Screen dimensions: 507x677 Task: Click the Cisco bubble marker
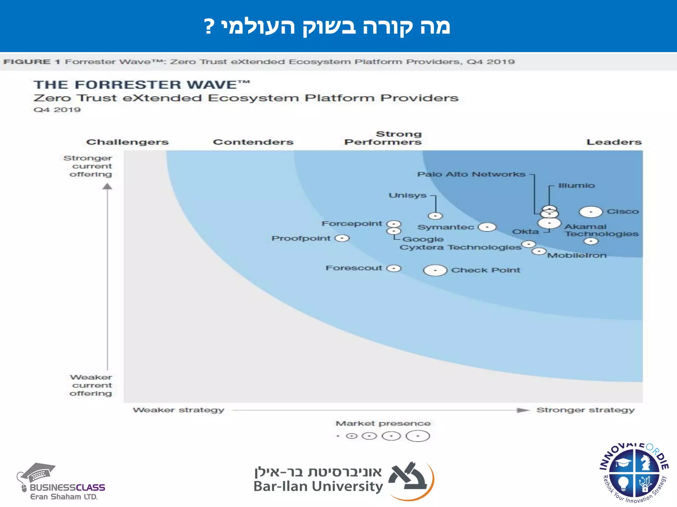(591, 212)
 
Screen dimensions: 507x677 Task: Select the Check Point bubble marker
(435, 270)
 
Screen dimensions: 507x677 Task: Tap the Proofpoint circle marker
(342, 238)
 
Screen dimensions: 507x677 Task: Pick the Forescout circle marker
(394, 268)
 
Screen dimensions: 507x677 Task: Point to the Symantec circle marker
(487, 227)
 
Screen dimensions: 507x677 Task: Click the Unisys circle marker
(435, 216)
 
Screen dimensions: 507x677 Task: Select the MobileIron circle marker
(539, 252)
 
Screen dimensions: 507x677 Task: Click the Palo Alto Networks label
(471, 174)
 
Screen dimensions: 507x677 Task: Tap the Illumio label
(576, 186)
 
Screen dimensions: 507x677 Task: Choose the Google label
(423, 239)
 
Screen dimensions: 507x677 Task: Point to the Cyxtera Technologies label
(460, 248)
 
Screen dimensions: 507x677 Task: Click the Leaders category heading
(614, 142)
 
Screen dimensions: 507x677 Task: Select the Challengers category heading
(127, 142)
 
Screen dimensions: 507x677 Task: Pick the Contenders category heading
(253, 142)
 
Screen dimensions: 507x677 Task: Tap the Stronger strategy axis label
(585, 410)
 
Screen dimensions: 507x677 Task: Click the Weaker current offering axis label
(91, 385)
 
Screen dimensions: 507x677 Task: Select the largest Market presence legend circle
(418, 436)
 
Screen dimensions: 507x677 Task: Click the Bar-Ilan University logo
(344, 480)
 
